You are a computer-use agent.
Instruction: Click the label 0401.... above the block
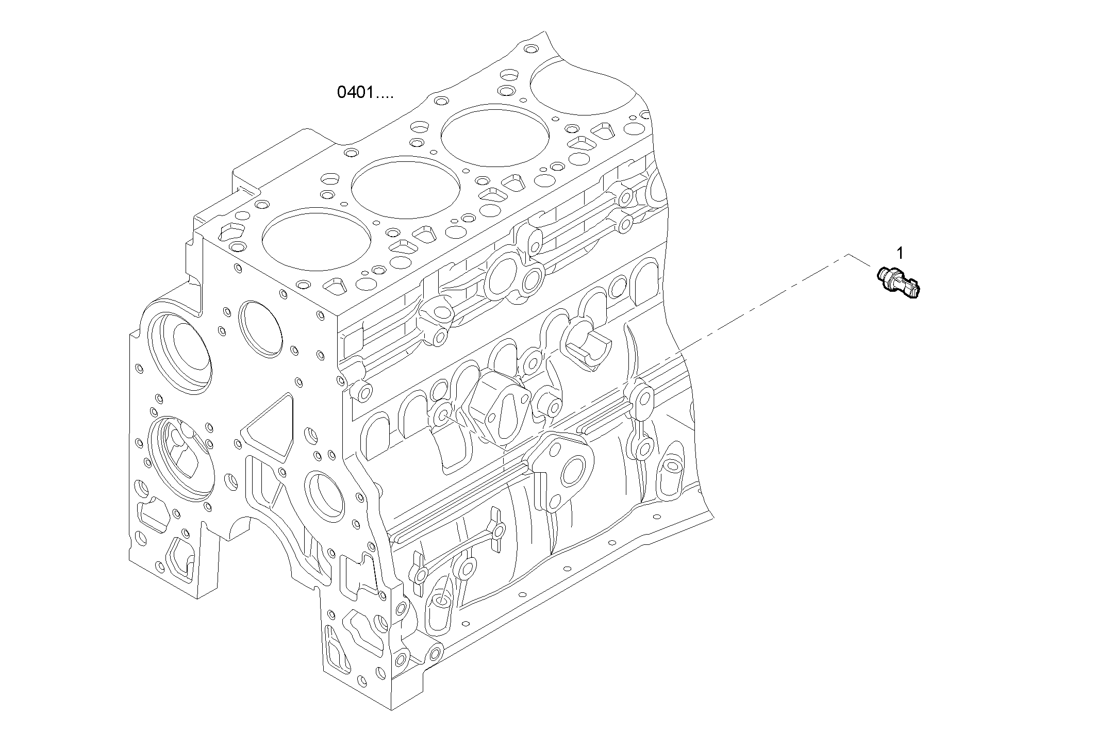(x=365, y=93)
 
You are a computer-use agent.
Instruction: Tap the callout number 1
(x=900, y=253)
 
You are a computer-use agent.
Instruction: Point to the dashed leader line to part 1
(x=763, y=304)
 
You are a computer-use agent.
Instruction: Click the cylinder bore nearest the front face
(x=316, y=238)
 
